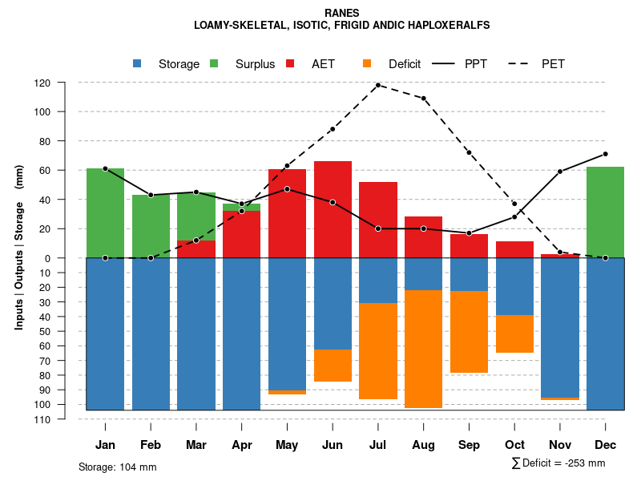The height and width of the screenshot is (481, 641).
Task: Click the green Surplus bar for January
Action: coord(105,213)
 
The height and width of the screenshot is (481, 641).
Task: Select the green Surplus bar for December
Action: coord(605,212)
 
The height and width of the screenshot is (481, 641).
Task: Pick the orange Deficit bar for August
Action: coord(424,349)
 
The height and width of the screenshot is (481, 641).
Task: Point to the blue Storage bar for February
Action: coord(151,333)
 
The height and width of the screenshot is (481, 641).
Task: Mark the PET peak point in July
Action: coord(377,85)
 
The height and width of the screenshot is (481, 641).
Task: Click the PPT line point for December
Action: coord(605,154)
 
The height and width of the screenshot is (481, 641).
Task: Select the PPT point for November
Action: coord(560,172)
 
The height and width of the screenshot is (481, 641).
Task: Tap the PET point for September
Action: coord(469,152)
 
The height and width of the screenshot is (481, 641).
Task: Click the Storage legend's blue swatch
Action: coord(137,64)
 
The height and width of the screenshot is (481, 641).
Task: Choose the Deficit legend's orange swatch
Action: coord(367,64)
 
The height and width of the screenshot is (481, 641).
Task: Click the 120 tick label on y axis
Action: coord(65,83)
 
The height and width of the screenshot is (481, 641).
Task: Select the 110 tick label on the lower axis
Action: coord(65,419)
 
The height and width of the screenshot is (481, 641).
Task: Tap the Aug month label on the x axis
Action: coord(424,445)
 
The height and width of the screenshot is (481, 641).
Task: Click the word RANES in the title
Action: coord(341,13)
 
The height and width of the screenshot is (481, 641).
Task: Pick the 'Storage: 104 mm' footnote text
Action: coord(117,467)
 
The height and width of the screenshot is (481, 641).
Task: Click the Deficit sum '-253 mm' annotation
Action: coord(558,463)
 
